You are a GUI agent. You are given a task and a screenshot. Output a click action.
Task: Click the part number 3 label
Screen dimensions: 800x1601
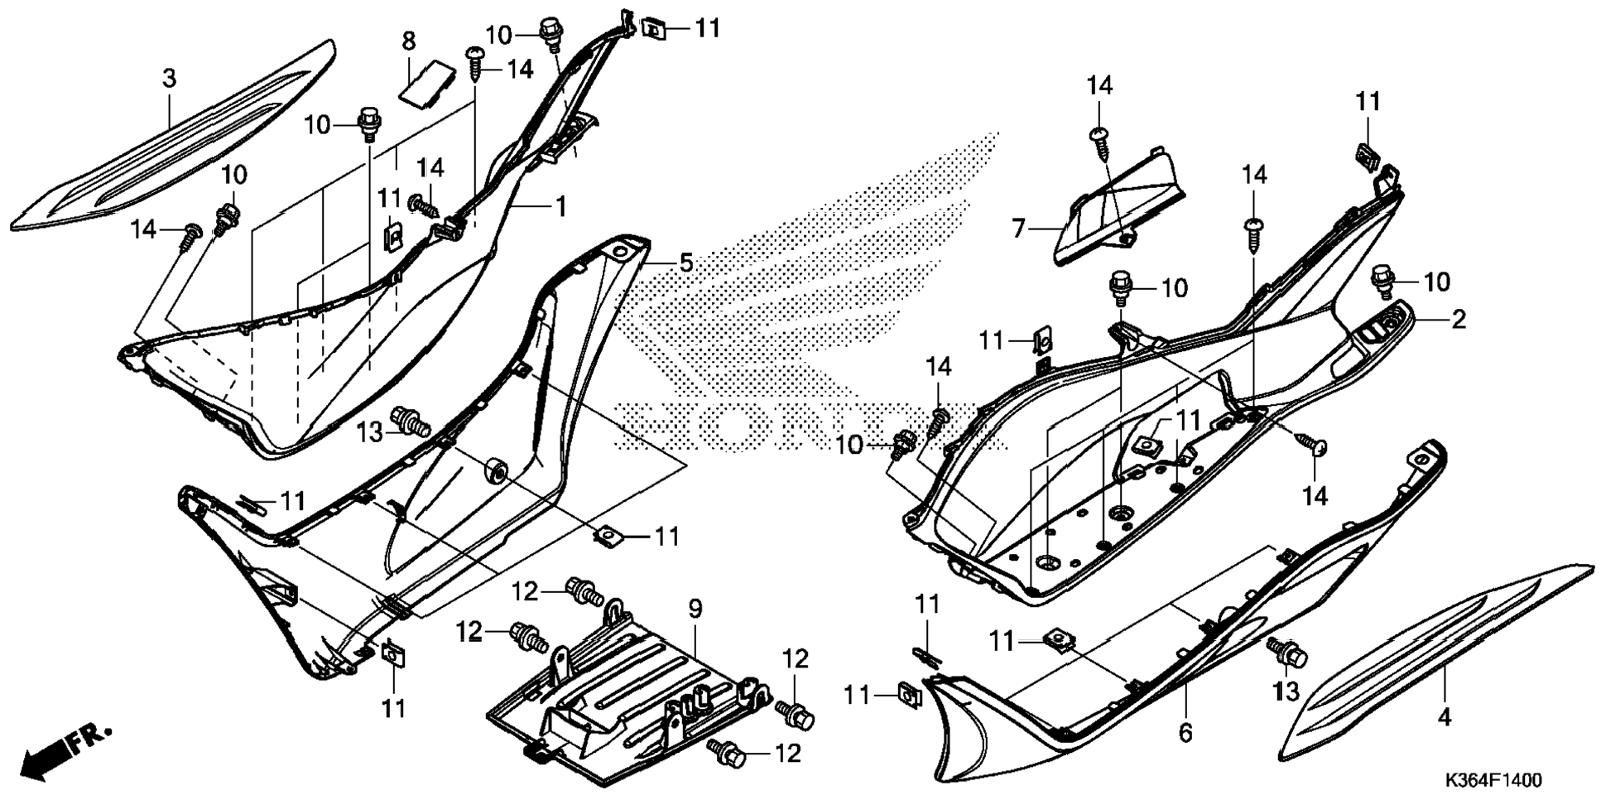click(169, 80)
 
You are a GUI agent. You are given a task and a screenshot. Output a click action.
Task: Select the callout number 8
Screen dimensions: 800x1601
click(409, 41)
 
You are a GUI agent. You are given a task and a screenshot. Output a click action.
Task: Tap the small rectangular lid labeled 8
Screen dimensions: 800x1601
click(425, 83)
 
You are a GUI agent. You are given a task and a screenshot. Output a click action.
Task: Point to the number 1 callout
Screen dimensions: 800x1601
click(560, 206)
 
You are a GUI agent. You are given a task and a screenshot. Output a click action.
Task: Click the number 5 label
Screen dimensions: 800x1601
click(685, 263)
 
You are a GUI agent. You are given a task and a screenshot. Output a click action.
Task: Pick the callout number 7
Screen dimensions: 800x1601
click(1018, 227)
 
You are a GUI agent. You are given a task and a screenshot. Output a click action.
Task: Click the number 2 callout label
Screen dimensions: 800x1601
click(1458, 319)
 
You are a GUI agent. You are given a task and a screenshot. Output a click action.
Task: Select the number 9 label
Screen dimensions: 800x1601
click(695, 610)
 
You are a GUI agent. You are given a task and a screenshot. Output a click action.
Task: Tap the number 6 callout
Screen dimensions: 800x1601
click(1185, 732)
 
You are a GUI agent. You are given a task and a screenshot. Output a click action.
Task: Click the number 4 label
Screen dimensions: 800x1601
click(1444, 716)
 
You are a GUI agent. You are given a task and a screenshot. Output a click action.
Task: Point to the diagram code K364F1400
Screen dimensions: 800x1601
click(1493, 781)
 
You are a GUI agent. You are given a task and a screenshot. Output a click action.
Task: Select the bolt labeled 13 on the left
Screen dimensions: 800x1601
click(410, 421)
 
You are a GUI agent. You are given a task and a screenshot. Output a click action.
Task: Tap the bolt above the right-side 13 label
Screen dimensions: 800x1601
click(1286, 653)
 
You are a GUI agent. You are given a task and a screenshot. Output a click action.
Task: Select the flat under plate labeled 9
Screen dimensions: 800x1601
click(629, 696)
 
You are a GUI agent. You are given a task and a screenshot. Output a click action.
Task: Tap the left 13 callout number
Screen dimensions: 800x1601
click(370, 431)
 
